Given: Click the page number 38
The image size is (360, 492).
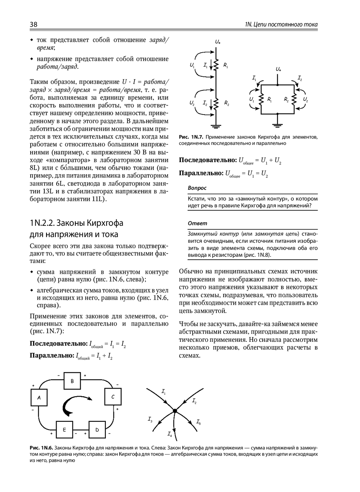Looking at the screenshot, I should coord(33,24).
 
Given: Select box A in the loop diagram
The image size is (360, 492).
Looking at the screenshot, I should coord(39,398).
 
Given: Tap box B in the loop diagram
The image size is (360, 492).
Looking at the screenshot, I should coord(72,381).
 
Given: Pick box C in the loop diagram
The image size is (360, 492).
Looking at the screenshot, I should coord(113,397).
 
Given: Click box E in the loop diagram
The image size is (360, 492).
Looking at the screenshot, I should coord(64,430).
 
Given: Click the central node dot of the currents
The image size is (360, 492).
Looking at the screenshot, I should coord(175,411).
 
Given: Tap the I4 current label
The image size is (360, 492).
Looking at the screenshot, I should coord(169,434).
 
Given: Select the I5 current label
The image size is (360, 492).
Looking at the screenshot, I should coord(198,422).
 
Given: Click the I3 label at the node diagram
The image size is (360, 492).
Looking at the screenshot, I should coord(150,419).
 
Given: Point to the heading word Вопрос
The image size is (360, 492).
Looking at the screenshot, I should coord(197,188).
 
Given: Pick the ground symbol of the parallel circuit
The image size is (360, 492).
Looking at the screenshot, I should coord(277,125).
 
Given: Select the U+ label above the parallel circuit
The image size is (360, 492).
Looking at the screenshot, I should coord(278,69).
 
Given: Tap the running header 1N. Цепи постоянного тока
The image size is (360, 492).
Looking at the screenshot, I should coord(281,24).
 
